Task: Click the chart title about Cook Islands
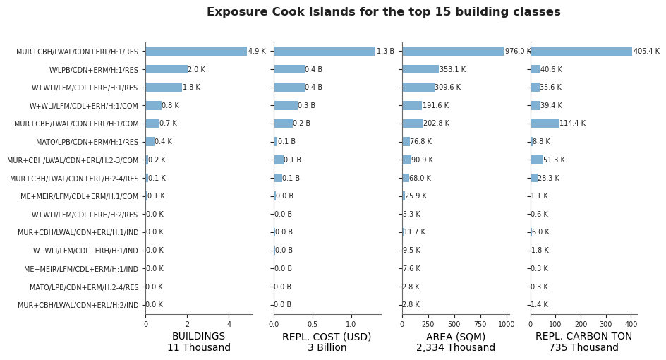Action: tap(384, 12)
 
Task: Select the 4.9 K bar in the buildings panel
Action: tap(196, 51)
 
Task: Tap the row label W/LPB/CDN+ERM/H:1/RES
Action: tap(93, 70)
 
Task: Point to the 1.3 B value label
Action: tap(385, 52)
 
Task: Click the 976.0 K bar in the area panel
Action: tap(453, 51)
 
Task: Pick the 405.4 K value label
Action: tap(646, 52)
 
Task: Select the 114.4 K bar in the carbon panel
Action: tap(545, 124)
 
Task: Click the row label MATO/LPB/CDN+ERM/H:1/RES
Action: tap(87, 142)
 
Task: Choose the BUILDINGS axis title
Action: tap(199, 337)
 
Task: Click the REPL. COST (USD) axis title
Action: tap(327, 337)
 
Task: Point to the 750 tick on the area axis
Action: tap(481, 325)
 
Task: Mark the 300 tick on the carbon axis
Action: tap(606, 325)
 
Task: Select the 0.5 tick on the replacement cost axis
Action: tap(313, 325)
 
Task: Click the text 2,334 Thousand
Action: tap(456, 348)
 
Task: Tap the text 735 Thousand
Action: tap(583, 348)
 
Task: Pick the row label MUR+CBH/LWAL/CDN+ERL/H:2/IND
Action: tap(78, 305)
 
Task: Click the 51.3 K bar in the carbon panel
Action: tap(537, 160)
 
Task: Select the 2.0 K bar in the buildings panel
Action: tap(166, 69)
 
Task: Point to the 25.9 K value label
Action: tap(416, 196)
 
